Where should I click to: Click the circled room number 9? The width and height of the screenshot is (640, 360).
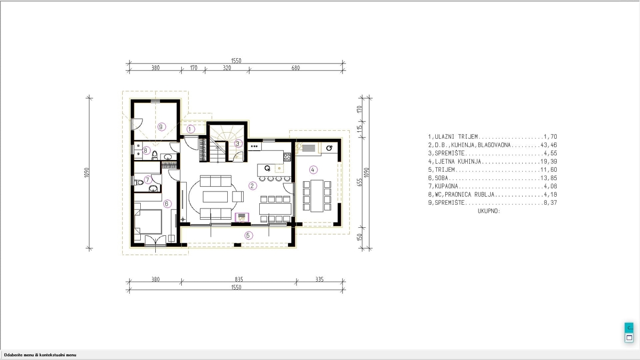(x=162, y=126)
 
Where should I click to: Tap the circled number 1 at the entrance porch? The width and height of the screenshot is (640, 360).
(x=190, y=129)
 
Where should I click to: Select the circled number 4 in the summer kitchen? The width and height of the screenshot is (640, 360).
(x=313, y=170)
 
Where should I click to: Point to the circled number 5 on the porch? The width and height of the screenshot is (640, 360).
(x=249, y=235)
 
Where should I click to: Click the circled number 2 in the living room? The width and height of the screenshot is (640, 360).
(x=252, y=186)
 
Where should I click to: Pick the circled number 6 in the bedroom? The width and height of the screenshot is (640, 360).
(x=167, y=204)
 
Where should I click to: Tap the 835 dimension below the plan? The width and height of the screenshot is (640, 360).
(x=239, y=279)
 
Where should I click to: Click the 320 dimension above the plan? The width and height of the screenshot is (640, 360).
(x=227, y=68)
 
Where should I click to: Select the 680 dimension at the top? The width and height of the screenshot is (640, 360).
(x=295, y=68)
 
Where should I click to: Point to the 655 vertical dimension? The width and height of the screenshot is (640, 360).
(x=359, y=182)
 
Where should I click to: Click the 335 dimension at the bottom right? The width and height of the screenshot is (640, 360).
(x=319, y=279)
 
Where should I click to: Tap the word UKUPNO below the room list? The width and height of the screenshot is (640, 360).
(x=489, y=211)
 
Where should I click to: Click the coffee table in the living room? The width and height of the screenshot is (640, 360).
(x=215, y=197)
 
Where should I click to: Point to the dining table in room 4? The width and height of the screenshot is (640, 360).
(x=317, y=196)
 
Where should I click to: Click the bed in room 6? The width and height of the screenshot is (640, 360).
(x=148, y=222)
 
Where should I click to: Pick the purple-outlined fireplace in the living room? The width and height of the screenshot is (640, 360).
(x=242, y=218)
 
